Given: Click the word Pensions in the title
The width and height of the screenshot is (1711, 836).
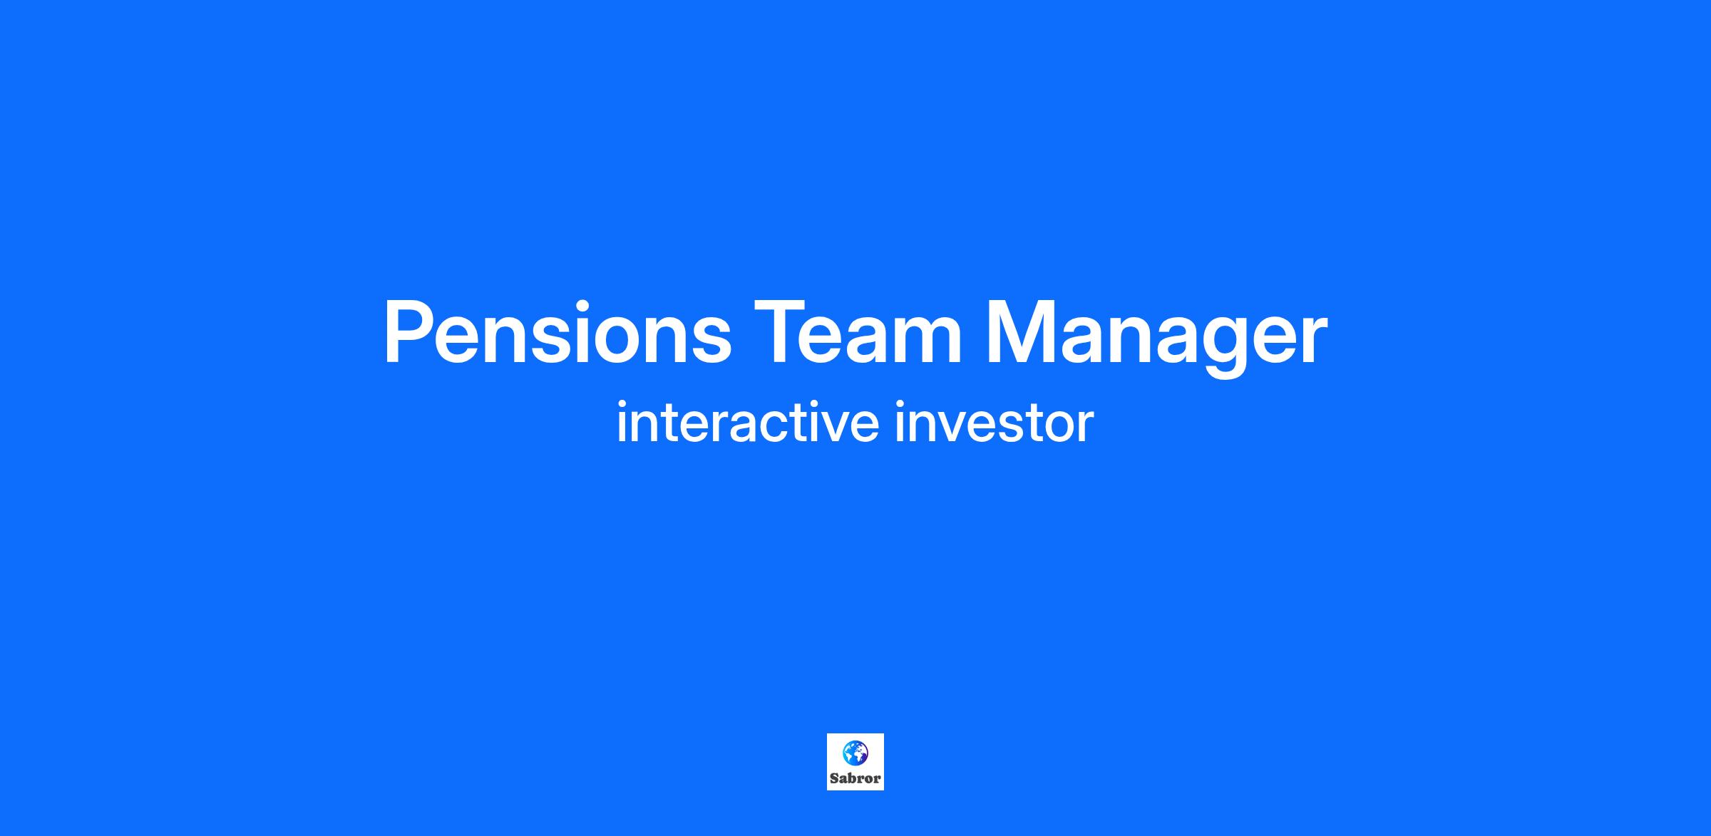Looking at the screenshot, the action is click(558, 332).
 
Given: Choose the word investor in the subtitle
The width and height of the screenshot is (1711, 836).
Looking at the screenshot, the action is click(993, 423).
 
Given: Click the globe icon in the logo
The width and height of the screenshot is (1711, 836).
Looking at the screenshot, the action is click(855, 753).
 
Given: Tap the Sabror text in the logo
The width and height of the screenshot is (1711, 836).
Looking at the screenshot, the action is click(855, 778).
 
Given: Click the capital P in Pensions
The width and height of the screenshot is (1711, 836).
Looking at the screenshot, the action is click(409, 332).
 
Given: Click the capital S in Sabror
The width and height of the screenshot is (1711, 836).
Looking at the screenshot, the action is click(834, 778).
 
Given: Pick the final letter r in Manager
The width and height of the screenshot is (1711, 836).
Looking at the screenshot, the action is click(1315, 340).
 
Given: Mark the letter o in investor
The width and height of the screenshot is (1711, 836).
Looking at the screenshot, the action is click(1057, 428).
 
